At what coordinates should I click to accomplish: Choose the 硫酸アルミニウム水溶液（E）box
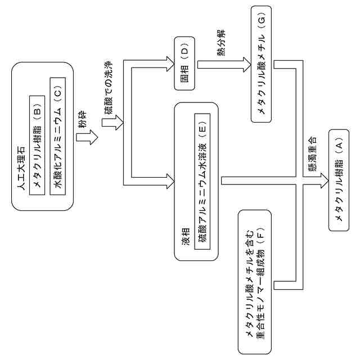coord(201,180)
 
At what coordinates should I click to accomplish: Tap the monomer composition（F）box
coord(256,281)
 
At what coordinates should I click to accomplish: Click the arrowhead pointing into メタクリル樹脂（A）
coord(324,181)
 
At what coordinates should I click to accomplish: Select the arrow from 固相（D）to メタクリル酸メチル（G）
coord(222,64)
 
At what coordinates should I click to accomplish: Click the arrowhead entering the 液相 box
coord(171,181)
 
